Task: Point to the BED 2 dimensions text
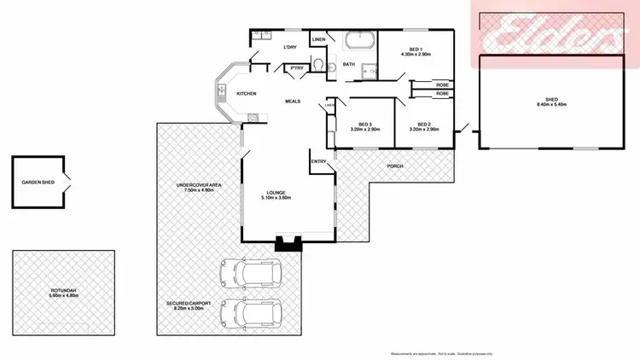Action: [x=424, y=130]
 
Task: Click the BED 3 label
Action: [x=366, y=125]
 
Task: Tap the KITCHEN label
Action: [x=247, y=93]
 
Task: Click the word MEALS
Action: [x=294, y=100]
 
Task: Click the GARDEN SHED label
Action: [x=38, y=183]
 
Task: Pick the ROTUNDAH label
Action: [x=63, y=291]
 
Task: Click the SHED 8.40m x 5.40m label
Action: [x=550, y=102]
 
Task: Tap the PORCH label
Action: [x=394, y=165]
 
